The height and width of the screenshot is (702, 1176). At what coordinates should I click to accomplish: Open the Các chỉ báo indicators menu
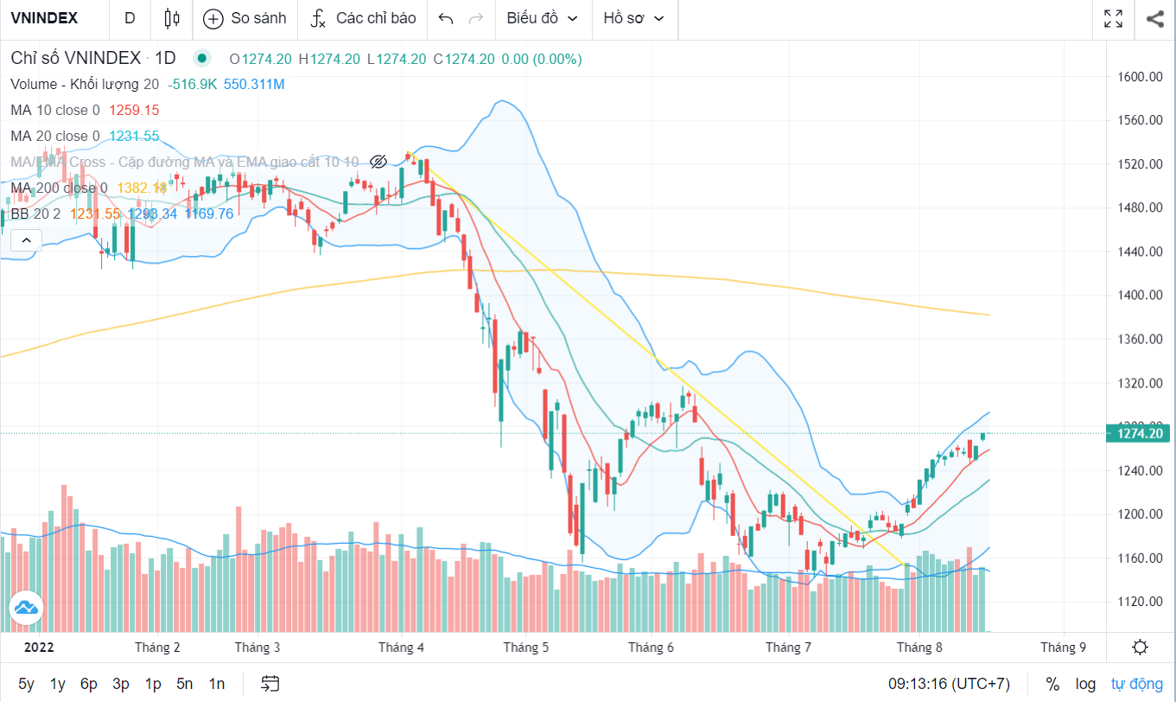coord(363,18)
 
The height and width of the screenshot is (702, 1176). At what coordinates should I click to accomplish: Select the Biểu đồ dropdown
coord(542,18)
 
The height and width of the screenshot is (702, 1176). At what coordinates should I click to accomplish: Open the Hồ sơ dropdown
coord(634,18)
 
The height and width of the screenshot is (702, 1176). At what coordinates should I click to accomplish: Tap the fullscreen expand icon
coord(1114,18)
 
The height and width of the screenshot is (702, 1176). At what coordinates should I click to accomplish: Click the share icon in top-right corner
coord(1154,18)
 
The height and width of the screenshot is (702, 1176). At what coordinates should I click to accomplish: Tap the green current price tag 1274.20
coord(1141,433)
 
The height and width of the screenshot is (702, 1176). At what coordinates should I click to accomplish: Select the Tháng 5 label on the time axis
coord(526,648)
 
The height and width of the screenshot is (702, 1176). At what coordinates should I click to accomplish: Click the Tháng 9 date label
coord(1063,648)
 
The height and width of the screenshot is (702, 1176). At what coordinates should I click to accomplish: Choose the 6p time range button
coord(89,684)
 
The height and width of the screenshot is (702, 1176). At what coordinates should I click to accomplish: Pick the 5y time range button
coord(27,684)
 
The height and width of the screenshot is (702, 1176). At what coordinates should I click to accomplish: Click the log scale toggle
coord(1085,684)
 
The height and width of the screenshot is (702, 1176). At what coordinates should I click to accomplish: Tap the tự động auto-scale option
coord(1136,684)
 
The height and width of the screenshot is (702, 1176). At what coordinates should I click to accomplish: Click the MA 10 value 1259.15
coord(134,110)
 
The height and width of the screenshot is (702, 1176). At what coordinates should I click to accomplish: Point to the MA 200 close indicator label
coord(59,188)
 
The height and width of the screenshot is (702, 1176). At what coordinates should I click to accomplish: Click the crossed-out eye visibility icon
coord(378,162)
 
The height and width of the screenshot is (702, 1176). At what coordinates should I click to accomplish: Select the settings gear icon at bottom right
coord(1140,648)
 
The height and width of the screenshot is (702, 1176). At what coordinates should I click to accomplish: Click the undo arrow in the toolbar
coord(446,18)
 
